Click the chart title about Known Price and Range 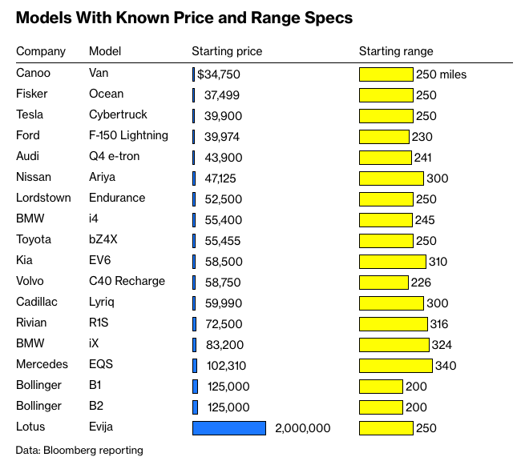click(184, 18)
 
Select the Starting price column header click(227, 51)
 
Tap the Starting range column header click(396, 51)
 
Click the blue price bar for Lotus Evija click(229, 428)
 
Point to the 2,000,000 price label click(302, 428)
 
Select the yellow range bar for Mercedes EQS click(396, 366)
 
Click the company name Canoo click(33, 74)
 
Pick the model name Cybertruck click(118, 114)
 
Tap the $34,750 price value click(219, 74)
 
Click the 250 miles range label click(441, 74)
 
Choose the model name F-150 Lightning click(128, 135)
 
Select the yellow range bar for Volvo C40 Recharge click(384, 283)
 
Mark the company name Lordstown click(43, 198)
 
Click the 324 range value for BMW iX click(442, 345)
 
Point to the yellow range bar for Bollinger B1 click(381, 387)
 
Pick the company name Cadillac click(36, 302)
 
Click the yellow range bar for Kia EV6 click(392, 262)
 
